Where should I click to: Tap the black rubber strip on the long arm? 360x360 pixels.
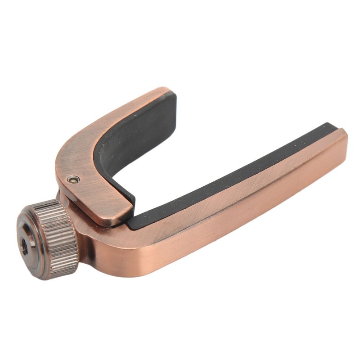pos(234,175)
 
